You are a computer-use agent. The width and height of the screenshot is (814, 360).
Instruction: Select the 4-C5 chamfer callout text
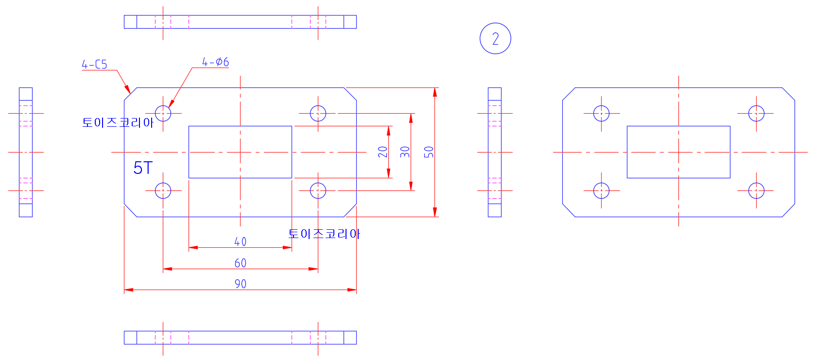94,65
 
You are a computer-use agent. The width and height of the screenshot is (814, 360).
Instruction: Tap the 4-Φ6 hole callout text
215,62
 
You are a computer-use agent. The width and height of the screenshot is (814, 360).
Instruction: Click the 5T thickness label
143,168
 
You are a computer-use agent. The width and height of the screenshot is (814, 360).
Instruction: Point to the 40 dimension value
240,241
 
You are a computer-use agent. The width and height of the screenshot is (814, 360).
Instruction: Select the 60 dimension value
240,263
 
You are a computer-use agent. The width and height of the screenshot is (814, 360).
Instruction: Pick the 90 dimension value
240,284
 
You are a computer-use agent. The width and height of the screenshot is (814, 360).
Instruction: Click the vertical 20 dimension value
382,152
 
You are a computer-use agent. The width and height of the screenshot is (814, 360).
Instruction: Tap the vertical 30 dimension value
405,152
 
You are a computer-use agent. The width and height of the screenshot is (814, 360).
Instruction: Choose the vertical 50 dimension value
429,152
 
